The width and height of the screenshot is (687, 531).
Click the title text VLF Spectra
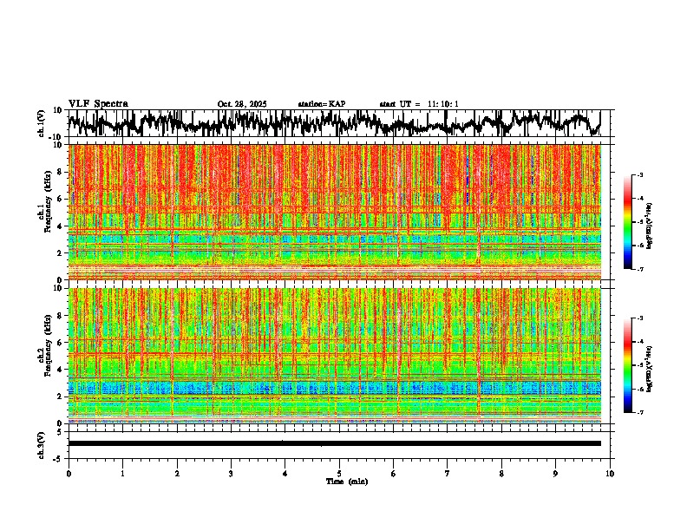pyautogui.click(x=98, y=104)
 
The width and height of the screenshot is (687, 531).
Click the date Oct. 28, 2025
pyautogui.click(x=242, y=104)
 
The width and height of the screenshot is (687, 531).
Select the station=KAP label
pyautogui.click(x=322, y=104)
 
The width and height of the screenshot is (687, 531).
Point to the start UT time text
pyautogui.click(x=419, y=104)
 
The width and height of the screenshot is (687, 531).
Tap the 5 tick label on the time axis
pyautogui.click(x=339, y=474)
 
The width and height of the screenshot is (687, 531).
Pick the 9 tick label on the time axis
pyautogui.click(x=556, y=474)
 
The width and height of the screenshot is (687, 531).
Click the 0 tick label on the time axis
pyautogui.click(x=69, y=474)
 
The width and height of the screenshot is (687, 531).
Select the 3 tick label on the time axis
pyautogui.click(x=231, y=474)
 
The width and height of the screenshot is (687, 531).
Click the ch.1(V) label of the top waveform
pyautogui.click(x=41, y=123)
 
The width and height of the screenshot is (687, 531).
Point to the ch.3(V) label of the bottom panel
pyautogui.click(x=41, y=442)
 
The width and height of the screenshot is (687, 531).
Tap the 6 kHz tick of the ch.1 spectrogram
pyautogui.click(x=61, y=199)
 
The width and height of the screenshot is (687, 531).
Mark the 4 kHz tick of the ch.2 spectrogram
pyautogui.click(x=61, y=370)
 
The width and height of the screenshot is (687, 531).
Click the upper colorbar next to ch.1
pyautogui.click(x=638, y=222)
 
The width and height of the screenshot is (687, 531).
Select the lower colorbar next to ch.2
pyautogui.click(x=638, y=365)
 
